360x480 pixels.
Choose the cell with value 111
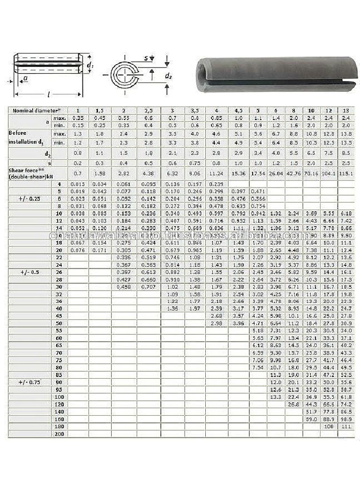point(345,427)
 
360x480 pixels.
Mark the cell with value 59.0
point(311,419)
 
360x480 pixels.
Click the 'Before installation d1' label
point(26,137)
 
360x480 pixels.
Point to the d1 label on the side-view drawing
point(90,66)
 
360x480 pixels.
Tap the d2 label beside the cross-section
point(168,75)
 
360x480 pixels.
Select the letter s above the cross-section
point(146,58)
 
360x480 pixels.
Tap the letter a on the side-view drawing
point(25,78)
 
